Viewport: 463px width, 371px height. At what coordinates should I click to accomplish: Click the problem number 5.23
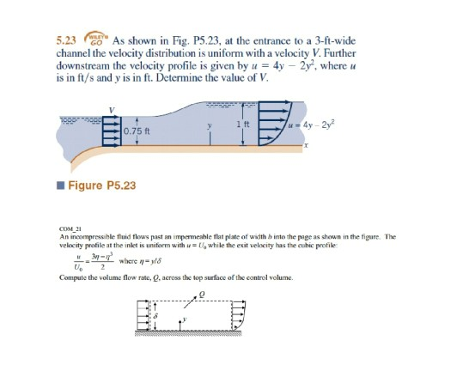coord(65,40)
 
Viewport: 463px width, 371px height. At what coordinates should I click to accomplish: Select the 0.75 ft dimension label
coord(137,131)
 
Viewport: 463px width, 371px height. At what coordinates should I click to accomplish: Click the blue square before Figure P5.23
coord(58,185)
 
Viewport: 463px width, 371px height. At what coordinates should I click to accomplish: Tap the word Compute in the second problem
coord(73,277)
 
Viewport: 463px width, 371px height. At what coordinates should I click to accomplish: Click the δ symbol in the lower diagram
coord(155,318)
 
